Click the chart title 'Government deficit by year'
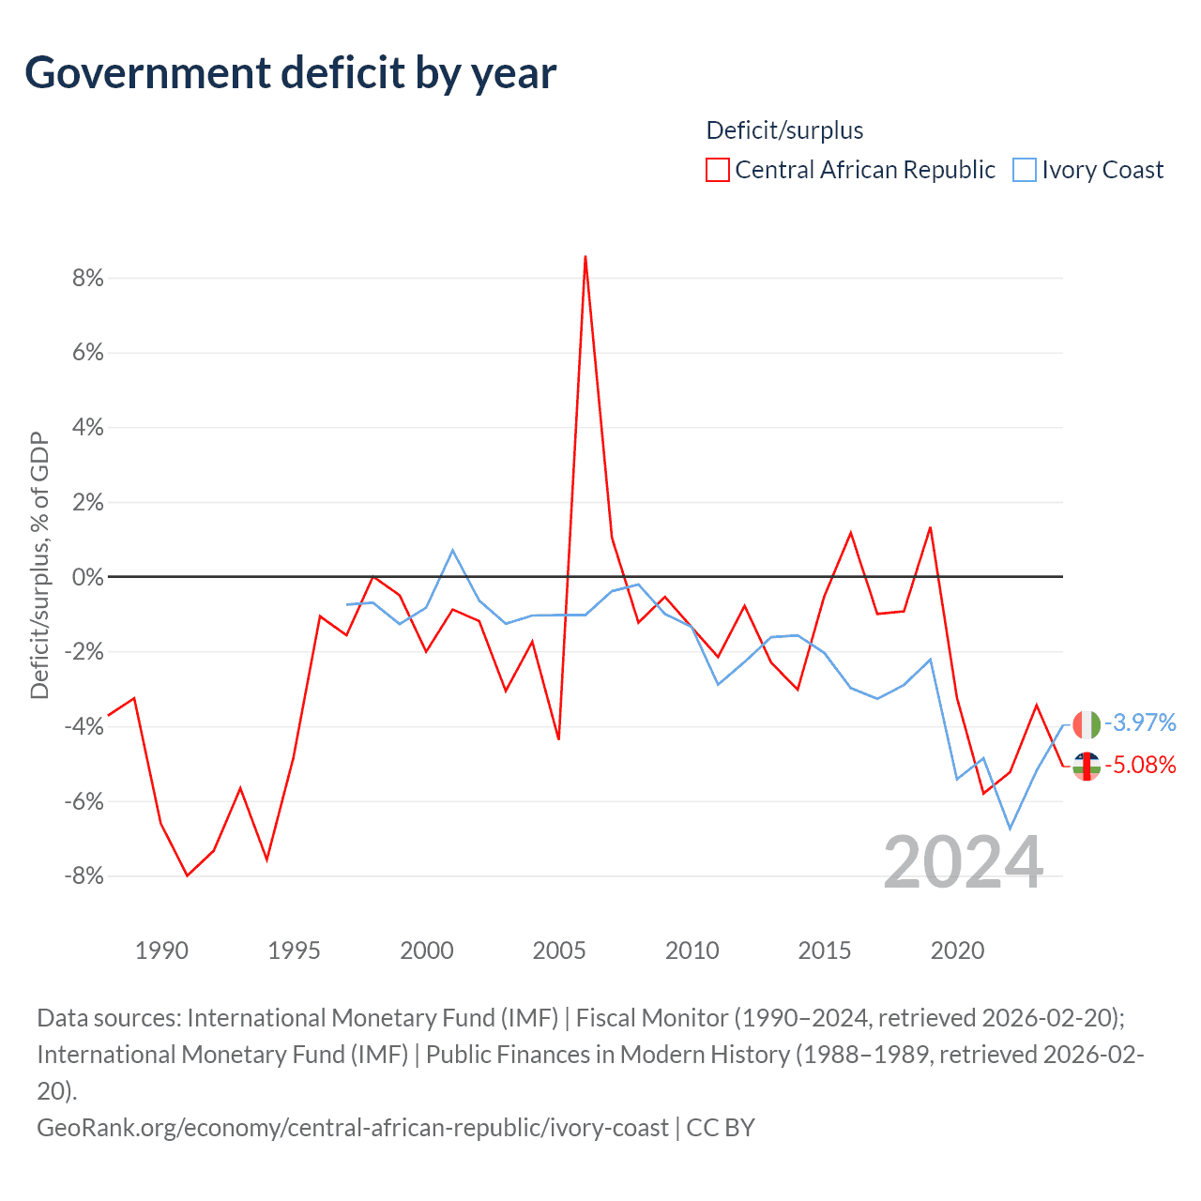click(291, 73)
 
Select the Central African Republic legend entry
click(851, 170)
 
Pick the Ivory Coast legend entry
click(1089, 170)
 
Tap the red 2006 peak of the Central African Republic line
click(585, 256)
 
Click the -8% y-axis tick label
click(84, 875)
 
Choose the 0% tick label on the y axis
click(87, 577)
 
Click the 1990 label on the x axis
click(161, 950)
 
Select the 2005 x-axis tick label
click(559, 950)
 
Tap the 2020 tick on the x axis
click(957, 950)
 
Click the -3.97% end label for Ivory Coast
click(1140, 722)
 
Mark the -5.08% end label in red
click(1140, 765)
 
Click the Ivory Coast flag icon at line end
click(1087, 724)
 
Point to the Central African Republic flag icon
click(1087, 766)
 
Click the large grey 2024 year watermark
click(963, 862)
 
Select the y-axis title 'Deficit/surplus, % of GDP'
click(39, 565)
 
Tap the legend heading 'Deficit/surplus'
click(784, 130)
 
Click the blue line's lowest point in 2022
click(1010, 829)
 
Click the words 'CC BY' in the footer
click(721, 1127)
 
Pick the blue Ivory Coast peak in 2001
click(453, 550)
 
